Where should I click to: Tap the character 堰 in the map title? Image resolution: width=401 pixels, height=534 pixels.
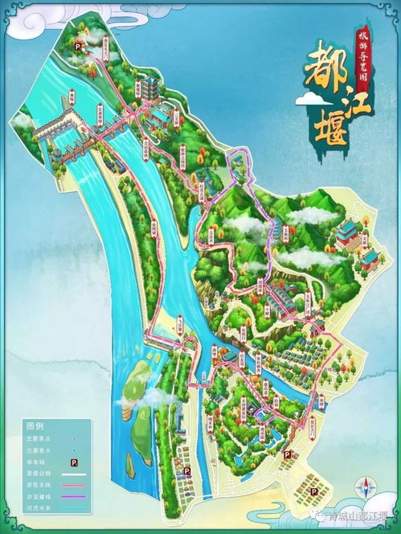pos(325,128)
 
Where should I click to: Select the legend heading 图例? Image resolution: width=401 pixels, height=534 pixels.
pos(34,424)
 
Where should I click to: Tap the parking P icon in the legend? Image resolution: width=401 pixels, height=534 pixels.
pos(74,463)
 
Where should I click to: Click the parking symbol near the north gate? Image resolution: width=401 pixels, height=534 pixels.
pos(79,47)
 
